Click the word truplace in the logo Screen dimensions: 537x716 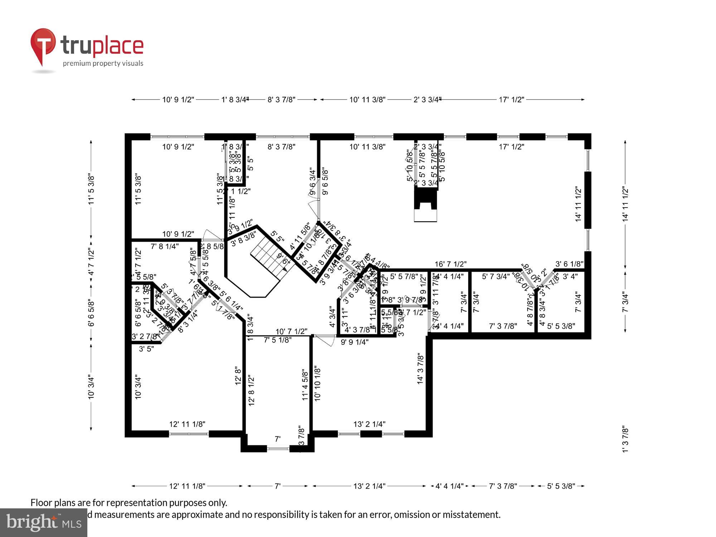pyautogui.click(x=102, y=45)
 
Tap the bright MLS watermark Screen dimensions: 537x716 pyautogui.click(x=44, y=523)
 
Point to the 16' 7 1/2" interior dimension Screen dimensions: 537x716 pyautogui.click(x=450, y=264)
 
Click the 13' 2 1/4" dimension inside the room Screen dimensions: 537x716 pyautogui.click(x=369, y=424)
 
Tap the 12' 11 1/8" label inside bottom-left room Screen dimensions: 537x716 pyautogui.click(x=187, y=424)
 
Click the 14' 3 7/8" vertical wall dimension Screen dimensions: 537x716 pyautogui.click(x=421, y=369)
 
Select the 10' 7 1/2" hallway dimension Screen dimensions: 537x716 pyautogui.click(x=291, y=332)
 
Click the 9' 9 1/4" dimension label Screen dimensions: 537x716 pyautogui.click(x=354, y=342)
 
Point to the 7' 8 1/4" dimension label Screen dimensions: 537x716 pyautogui.click(x=165, y=246)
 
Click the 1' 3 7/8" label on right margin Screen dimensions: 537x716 pyautogui.click(x=625, y=439)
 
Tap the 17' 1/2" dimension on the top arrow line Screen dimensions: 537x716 pyautogui.click(x=511, y=100)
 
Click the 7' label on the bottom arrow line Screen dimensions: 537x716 pyautogui.click(x=277, y=486)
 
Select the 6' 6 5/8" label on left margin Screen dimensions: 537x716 pyautogui.click(x=91, y=313)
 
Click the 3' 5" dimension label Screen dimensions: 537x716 pyautogui.click(x=146, y=349)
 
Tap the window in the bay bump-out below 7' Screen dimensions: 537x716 pyautogui.click(x=278, y=448)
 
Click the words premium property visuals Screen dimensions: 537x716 pyautogui.click(x=103, y=64)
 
